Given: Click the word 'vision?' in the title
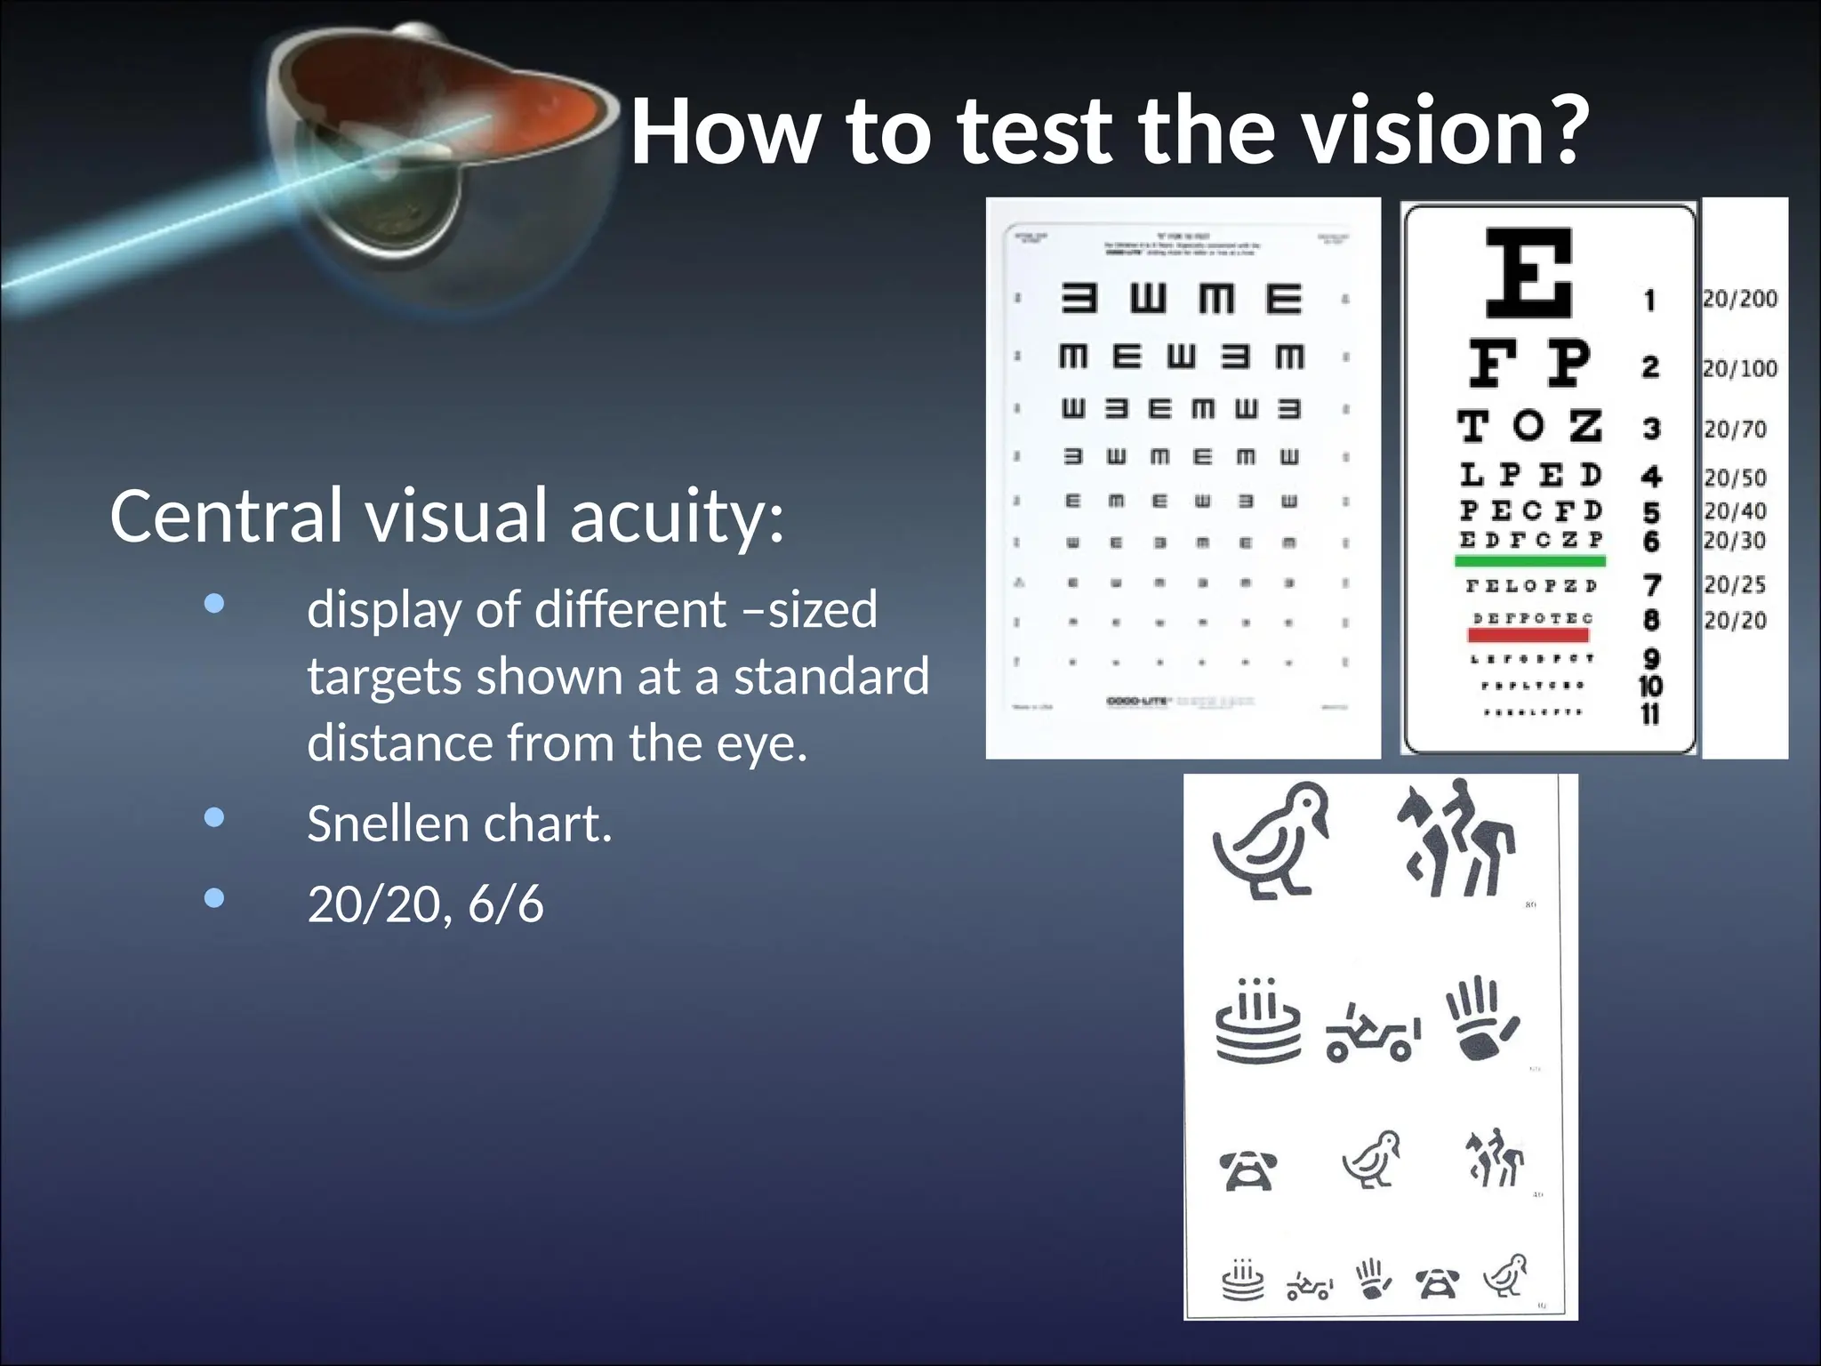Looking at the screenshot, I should [x=1445, y=132].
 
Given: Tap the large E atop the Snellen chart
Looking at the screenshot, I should [x=1529, y=272].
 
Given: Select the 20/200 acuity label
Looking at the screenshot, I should [x=1740, y=299].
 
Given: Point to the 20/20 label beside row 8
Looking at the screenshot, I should [x=1735, y=620].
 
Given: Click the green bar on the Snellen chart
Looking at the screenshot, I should [x=1529, y=561].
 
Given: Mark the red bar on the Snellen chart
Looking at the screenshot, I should [x=1528, y=635].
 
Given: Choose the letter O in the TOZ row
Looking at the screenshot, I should [x=1528, y=426].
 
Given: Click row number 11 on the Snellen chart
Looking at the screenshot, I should [x=1650, y=714].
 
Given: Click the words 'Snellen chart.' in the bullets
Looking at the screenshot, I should [x=459, y=824].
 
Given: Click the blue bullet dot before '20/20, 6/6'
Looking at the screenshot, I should [x=213, y=898].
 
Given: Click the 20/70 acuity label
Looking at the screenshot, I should [x=1735, y=430].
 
